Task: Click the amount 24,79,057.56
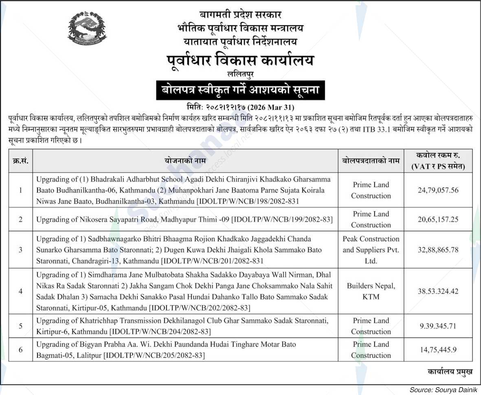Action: point(438,190)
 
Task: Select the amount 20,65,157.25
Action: point(438,219)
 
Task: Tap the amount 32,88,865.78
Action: point(438,249)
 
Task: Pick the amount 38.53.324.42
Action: point(438,291)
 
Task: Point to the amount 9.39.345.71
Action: point(438,326)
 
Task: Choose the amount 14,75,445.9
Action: point(438,349)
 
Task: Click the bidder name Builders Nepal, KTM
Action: point(371,291)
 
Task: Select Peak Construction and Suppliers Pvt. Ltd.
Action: point(371,249)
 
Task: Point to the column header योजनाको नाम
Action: point(185,161)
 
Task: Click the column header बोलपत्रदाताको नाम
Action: point(371,161)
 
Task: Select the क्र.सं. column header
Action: point(20,161)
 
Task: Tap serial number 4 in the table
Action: point(20,291)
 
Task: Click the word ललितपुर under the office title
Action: point(240,74)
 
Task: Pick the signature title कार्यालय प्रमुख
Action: point(450,371)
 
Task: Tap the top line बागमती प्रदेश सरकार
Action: point(240,15)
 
